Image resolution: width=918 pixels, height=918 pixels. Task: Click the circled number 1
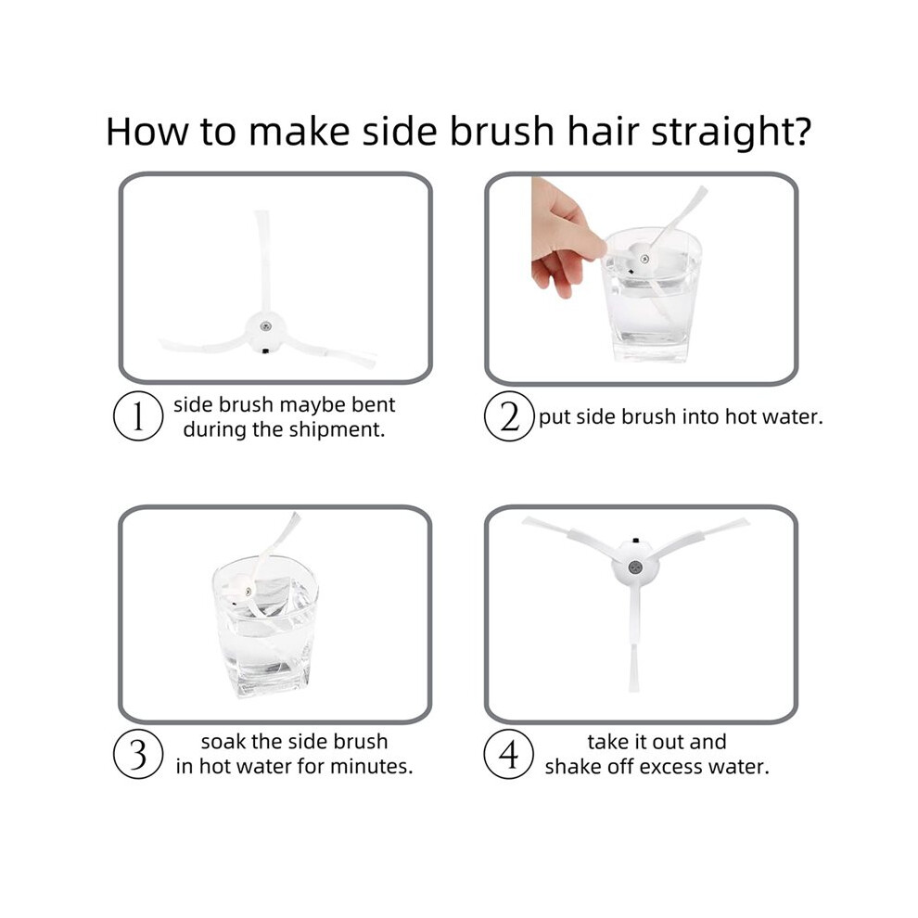pyautogui.click(x=137, y=416)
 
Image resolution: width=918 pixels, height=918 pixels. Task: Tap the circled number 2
pyautogui.click(x=509, y=416)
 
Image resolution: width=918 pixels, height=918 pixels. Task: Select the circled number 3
pyautogui.click(x=137, y=754)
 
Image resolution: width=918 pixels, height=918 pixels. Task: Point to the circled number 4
pyautogui.click(x=509, y=754)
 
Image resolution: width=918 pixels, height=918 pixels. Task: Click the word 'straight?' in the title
pyautogui.click(x=732, y=133)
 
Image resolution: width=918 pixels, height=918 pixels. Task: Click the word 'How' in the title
pyautogui.click(x=147, y=131)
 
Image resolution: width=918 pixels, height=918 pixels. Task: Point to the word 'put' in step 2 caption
pyautogui.click(x=554, y=417)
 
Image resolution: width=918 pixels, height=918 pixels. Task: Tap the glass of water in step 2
pyautogui.click(x=651, y=295)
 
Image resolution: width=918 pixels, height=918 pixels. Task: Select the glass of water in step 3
pyautogui.click(x=264, y=627)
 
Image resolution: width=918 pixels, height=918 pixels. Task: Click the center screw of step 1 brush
pyautogui.click(x=265, y=326)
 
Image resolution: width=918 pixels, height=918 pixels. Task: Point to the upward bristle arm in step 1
pyautogui.click(x=263, y=261)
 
